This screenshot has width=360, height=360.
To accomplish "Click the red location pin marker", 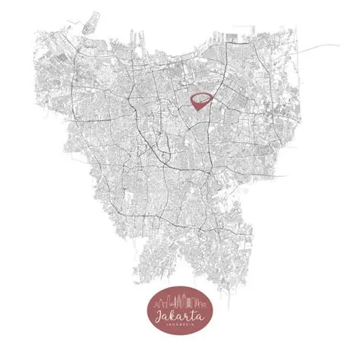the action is [x=201, y=100].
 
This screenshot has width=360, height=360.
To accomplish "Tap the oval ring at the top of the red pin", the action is [x=201, y=97].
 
